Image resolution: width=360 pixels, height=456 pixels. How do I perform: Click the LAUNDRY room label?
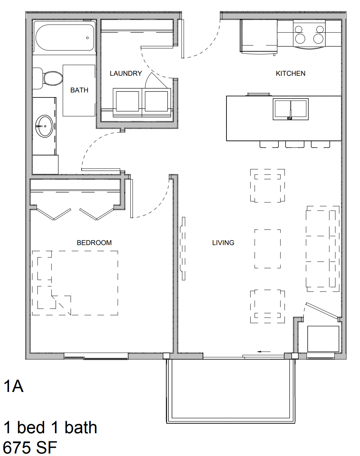tap(126, 73)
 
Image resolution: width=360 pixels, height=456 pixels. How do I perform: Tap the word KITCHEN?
tap(291, 73)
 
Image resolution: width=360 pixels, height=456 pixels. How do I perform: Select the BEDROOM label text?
tap(94, 243)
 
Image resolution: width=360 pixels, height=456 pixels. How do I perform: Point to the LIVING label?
tap(223, 243)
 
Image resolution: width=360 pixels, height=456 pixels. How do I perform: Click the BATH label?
tap(79, 90)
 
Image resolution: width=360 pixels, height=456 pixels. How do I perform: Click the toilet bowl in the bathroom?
tap(53, 78)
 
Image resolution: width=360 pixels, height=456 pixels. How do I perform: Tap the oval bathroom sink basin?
tap(44, 126)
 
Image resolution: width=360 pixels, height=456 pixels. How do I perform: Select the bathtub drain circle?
tap(87, 38)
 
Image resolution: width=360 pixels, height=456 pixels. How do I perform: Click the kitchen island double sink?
tap(291, 109)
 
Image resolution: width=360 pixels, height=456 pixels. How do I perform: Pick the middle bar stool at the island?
tap(295, 144)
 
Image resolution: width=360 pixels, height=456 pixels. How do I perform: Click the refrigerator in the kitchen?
tap(259, 36)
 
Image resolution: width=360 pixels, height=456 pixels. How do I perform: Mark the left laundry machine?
tap(127, 102)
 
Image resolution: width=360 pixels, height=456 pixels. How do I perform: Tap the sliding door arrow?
tap(264, 352)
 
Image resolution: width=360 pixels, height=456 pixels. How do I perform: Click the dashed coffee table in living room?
tap(267, 249)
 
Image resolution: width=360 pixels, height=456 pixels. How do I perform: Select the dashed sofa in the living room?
tap(323, 249)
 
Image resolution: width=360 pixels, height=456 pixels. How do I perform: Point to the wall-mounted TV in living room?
tap(183, 248)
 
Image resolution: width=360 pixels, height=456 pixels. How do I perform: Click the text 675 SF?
tap(30, 447)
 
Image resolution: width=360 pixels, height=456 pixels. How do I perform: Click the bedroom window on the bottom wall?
tap(96, 356)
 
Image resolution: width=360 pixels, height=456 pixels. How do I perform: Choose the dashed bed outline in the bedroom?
tap(75, 283)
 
